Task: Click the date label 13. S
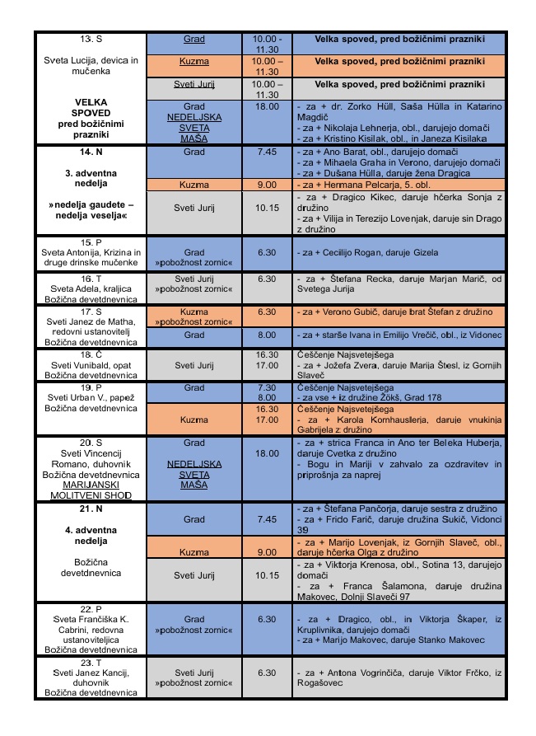(x=91, y=40)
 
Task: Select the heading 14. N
(x=91, y=154)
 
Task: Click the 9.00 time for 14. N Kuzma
(x=268, y=185)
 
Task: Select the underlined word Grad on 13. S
(x=194, y=40)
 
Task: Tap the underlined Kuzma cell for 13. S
(x=194, y=61)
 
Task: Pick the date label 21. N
(x=91, y=509)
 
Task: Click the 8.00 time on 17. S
(x=268, y=335)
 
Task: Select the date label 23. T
(x=91, y=662)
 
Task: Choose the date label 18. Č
(x=91, y=354)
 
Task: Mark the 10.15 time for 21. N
(x=268, y=574)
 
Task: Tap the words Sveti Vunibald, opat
(x=91, y=363)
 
